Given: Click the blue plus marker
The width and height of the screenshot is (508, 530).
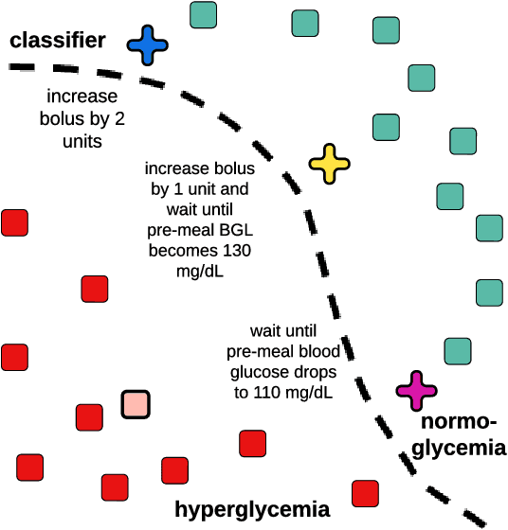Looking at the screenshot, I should (x=147, y=44).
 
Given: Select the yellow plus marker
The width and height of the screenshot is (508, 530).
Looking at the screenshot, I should (x=330, y=164).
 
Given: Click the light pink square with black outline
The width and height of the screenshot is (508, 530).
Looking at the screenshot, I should (x=136, y=404).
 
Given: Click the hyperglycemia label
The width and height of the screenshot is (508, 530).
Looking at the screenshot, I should (x=253, y=509).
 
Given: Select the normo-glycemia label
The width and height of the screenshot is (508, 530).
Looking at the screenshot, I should (x=459, y=434).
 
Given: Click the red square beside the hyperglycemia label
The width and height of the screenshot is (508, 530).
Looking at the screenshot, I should (x=366, y=493).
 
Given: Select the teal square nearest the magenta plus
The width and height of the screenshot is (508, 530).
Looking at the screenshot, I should (x=459, y=351).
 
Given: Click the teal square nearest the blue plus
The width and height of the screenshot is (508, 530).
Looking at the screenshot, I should (x=203, y=15).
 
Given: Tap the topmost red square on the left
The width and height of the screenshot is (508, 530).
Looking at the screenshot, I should (x=14, y=223).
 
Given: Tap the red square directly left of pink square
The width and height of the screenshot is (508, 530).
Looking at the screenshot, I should (x=89, y=416).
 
